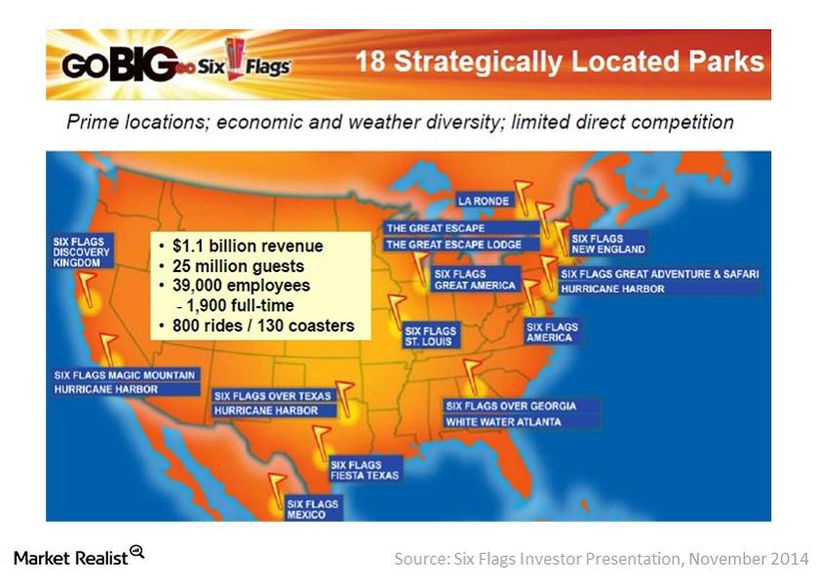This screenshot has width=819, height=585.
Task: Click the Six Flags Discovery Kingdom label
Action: (83, 251)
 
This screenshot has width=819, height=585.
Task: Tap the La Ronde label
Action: (485, 201)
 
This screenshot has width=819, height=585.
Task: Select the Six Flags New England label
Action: (608, 244)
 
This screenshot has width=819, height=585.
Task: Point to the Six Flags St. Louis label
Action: (430, 336)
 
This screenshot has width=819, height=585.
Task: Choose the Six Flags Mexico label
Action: (312, 509)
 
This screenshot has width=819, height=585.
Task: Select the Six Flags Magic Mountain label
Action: (125, 374)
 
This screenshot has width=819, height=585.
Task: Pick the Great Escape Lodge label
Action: (453, 244)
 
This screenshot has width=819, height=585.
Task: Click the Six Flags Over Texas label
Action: (273, 396)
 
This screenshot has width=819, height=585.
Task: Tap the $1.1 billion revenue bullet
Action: (244, 247)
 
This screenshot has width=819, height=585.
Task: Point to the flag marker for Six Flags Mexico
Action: (277, 484)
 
